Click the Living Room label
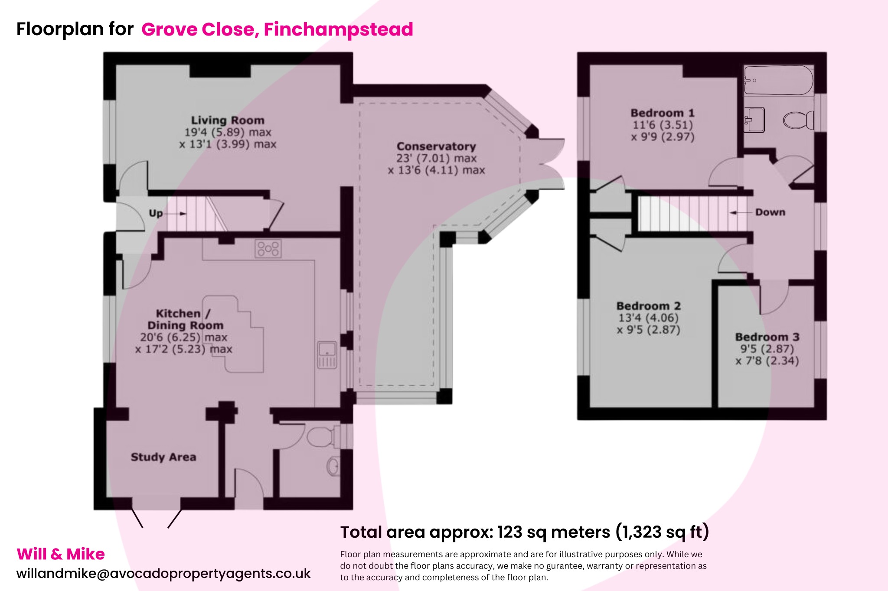click(228, 120)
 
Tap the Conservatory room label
click(436, 146)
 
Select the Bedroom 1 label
click(663, 113)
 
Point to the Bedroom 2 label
click(649, 306)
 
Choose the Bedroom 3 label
click(767, 337)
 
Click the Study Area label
click(163, 457)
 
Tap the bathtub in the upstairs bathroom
click(778, 80)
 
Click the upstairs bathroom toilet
click(798, 120)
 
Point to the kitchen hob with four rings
click(268, 249)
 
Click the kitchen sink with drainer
click(327, 355)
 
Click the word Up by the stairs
click(156, 213)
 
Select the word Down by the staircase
click(770, 212)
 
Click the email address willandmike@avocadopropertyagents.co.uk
click(163, 573)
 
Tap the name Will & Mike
click(61, 554)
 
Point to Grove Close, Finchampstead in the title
click(277, 29)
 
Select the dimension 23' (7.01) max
click(436, 159)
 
